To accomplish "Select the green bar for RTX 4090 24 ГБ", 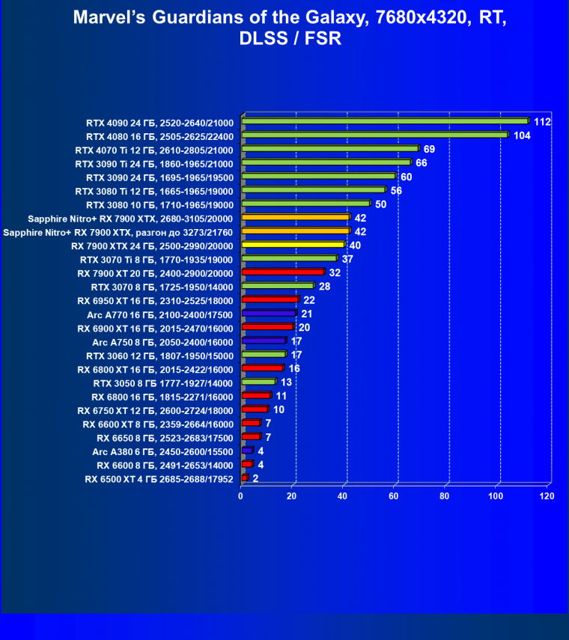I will tap(385, 121).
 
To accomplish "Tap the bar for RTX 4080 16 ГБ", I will tap(374, 135).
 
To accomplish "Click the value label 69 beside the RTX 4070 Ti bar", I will tap(429, 150).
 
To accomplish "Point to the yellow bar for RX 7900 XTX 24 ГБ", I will tap(293, 246).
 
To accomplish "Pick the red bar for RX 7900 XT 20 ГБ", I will tap(282, 272).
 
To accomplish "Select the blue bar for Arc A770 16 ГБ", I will tap(269, 314).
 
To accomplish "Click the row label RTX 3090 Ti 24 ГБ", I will tap(160, 163).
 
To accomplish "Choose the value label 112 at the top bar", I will tap(542, 122).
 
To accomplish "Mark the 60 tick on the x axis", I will tap(394, 496).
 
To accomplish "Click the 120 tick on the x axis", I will tap(547, 496).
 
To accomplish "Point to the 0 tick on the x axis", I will tap(241, 496).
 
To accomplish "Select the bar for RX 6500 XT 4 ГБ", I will tap(245, 478).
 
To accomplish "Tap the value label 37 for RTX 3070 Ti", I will tap(347, 259).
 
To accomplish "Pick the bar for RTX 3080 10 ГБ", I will tap(305, 204).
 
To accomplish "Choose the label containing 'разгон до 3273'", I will tap(119, 232).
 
